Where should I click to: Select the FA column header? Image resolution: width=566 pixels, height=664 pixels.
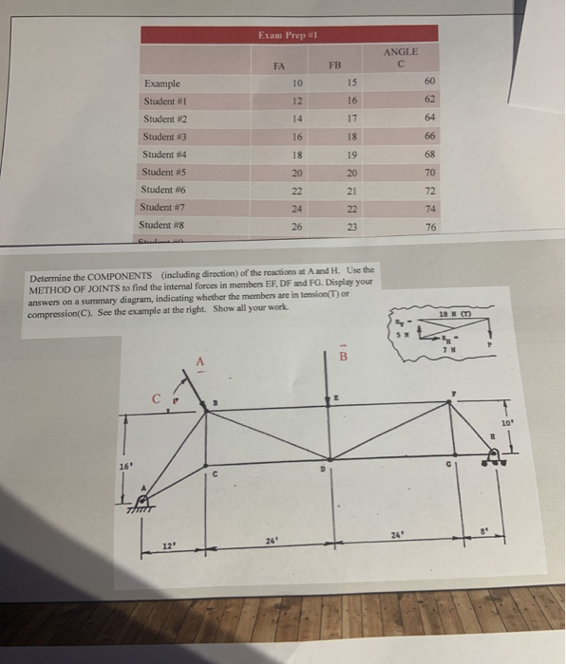point(278,66)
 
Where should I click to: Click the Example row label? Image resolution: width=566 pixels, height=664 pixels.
point(164,84)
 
